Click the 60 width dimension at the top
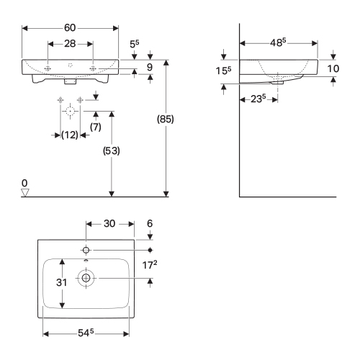[70, 28]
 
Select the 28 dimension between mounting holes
[70, 44]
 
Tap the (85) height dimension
[166, 119]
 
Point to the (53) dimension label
[112, 150]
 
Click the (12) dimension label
[70, 135]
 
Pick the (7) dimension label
[96, 127]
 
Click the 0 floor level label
[24, 183]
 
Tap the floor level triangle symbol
[25, 192]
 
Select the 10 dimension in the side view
[333, 69]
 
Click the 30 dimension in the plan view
[109, 224]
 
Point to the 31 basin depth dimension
[61, 282]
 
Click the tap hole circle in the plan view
[86, 251]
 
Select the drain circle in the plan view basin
[86, 278]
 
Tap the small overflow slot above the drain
[86, 261]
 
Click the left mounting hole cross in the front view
[48, 68]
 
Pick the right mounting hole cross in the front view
[93, 68]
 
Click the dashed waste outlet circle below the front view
[70, 112]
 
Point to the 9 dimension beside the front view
[150, 67]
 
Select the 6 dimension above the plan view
[150, 224]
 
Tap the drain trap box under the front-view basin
[70, 82]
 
